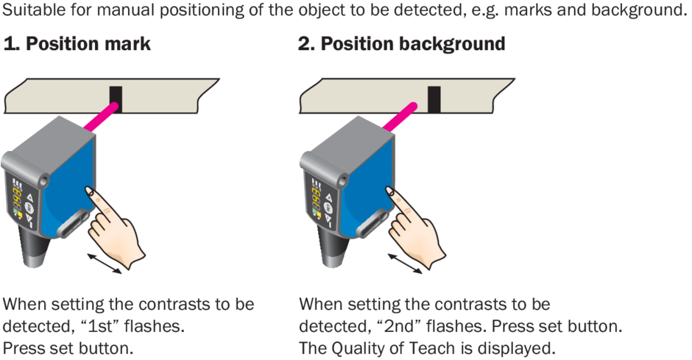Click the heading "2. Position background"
pyautogui.click(x=401, y=44)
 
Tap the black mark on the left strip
pyautogui.click(x=116, y=98)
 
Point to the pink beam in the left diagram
pyautogui.click(x=99, y=118)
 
